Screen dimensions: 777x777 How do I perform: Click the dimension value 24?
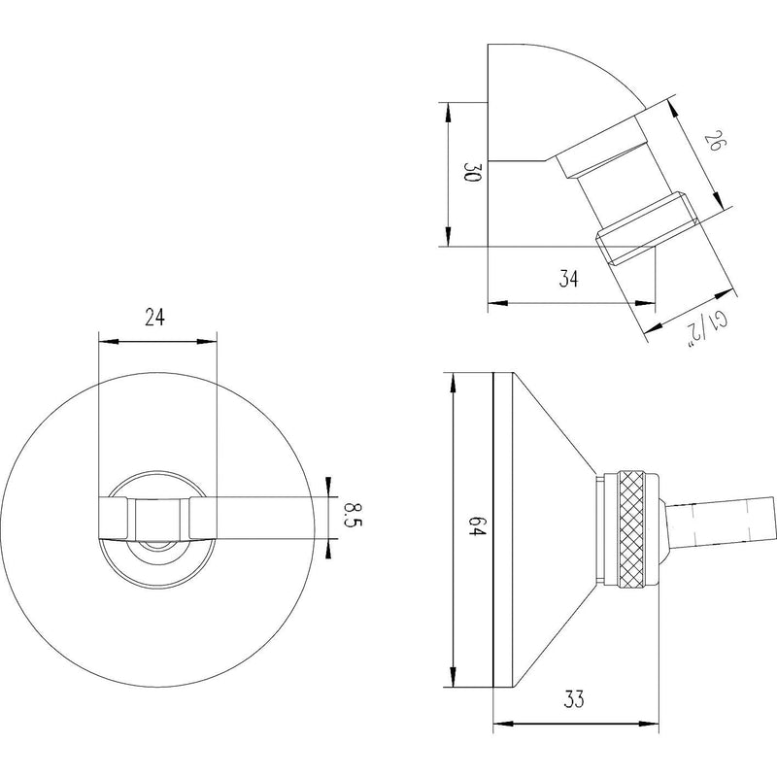[x=156, y=316]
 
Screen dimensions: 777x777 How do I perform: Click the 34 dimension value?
[x=570, y=280]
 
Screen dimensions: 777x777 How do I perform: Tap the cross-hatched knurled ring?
[x=634, y=528]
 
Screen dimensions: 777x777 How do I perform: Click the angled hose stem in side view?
[x=720, y=520]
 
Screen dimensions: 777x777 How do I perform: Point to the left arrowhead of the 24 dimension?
[x=107, y=341]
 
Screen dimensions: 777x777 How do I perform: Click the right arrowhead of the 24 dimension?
[x=209, y=341]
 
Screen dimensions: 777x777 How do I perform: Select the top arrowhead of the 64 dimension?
[x=451, y=381]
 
